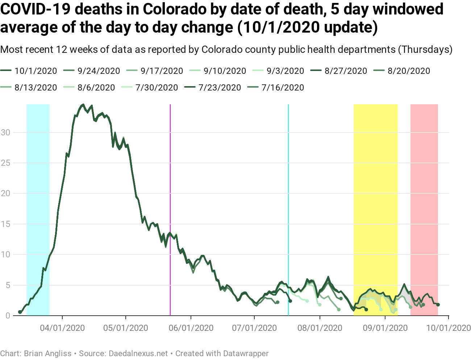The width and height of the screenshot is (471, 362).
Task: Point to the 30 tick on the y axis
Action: tap(5, 132)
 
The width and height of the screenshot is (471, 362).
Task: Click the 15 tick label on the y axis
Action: tap(5, 224)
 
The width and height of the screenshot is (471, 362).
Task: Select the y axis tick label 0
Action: tap(8, 316)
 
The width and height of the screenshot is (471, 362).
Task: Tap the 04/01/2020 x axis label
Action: tap(62, 328)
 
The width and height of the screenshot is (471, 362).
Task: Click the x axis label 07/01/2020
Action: tap(254, 328)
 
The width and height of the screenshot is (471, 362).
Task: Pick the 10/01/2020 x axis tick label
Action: tap(449, 328)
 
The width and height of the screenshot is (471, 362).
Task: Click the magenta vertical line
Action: tap(170, 181)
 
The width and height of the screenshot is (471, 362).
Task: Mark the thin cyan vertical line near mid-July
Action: tap(288, 181)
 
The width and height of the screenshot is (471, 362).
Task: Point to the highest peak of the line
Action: tap(83, 105)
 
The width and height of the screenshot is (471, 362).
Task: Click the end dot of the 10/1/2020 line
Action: tap(438, 305)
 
